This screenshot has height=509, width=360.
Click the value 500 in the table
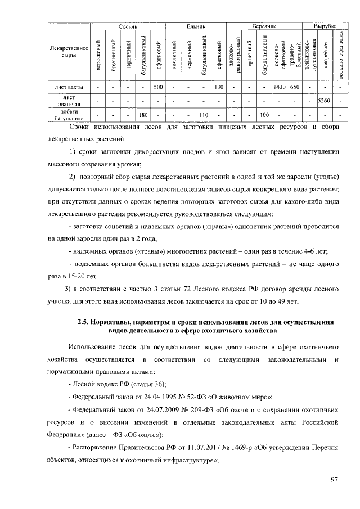click(x=158, y=87)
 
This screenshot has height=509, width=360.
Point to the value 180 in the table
click(x=143, y=115)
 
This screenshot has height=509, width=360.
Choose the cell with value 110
click(x=204, y=115)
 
